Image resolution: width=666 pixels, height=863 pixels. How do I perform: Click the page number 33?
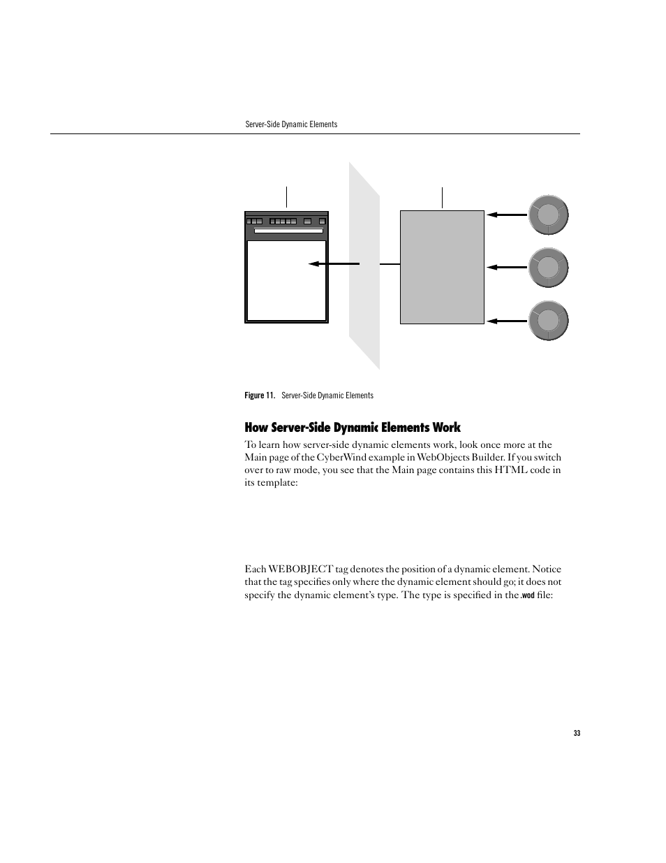577,733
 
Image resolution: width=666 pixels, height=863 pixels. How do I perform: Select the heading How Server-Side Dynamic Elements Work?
353,428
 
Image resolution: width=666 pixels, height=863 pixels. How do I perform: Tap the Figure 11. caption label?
259,396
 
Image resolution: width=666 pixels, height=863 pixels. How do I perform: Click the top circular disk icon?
548,215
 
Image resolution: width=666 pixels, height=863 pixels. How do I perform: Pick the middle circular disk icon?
548,267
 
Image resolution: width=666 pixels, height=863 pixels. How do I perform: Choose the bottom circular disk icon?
548,321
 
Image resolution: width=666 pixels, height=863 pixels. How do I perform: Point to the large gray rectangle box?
442,267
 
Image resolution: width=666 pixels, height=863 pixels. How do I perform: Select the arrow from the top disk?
508,215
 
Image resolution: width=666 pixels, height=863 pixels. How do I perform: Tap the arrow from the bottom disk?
508,321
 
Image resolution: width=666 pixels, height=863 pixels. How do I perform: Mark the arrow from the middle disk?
508,267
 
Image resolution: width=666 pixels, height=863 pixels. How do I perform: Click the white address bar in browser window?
288,230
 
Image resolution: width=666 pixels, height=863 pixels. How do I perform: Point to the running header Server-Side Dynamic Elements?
291,124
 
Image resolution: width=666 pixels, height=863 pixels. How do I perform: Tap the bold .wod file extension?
528,596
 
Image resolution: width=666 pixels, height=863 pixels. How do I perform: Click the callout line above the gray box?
443,198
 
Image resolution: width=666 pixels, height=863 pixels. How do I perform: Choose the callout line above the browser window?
287,197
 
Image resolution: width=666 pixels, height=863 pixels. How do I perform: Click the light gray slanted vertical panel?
364,266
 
